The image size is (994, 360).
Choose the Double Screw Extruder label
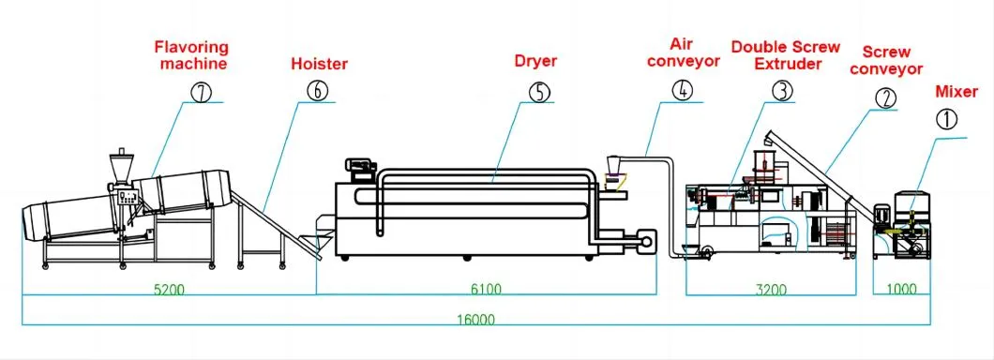(776, 55)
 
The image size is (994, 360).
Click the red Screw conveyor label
(892, 61)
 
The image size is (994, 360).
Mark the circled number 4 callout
(683, 91)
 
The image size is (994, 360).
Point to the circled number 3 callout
(781, 91)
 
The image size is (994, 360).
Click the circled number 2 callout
(885, 97)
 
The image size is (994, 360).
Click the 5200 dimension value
(169, 289)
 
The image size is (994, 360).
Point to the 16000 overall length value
(477, 319)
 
